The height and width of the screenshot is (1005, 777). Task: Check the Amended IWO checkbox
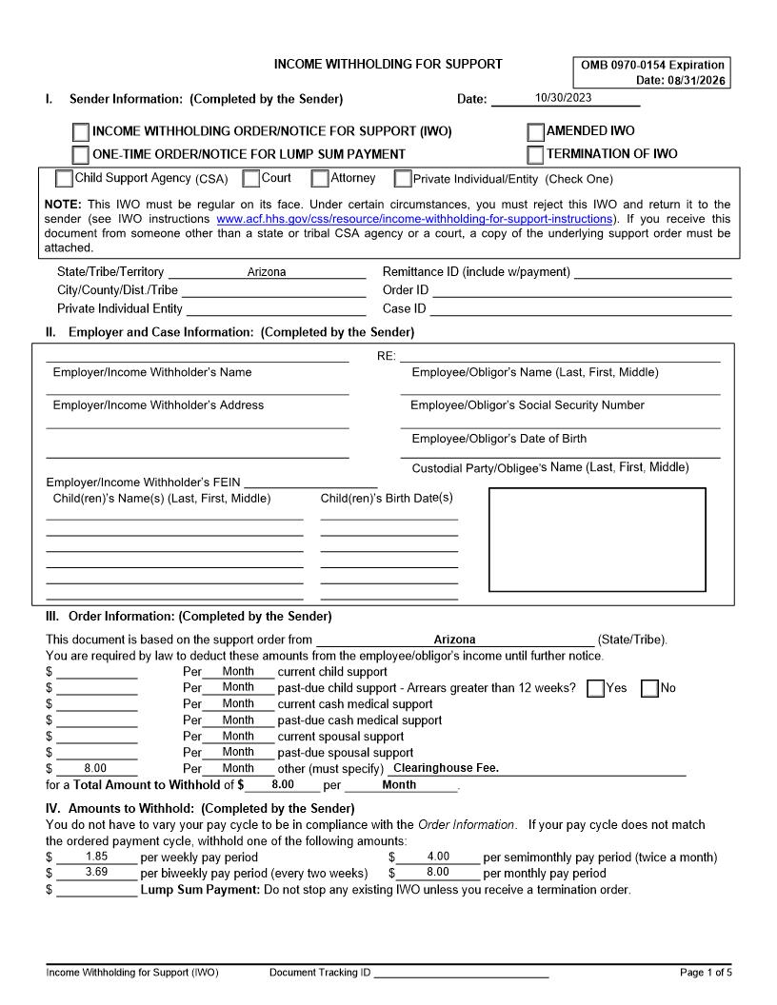536,131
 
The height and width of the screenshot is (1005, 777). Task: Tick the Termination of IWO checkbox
536,154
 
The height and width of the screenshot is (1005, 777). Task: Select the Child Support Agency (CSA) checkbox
64,178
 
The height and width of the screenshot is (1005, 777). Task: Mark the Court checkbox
251,178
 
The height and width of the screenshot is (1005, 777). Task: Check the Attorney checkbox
321,178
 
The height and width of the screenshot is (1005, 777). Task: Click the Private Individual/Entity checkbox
403,179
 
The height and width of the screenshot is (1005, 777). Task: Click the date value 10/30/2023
564,98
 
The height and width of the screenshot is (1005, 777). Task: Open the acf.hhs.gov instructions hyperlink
414,218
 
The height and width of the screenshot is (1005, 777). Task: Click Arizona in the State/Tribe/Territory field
267,272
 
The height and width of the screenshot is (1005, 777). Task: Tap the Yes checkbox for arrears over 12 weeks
596,688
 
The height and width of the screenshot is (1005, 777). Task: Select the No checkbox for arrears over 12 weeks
650,688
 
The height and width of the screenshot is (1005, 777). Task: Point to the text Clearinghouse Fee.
446,768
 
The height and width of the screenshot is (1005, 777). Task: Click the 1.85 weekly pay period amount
96,857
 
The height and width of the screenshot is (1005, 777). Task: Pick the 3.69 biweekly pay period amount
96,872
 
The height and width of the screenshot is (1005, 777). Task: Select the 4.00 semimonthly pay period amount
438,857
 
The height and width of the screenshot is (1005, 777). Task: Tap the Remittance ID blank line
652,272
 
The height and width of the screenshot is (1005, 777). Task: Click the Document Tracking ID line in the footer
461,973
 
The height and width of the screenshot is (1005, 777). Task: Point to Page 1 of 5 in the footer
706,973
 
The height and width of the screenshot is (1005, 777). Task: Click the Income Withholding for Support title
388,65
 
